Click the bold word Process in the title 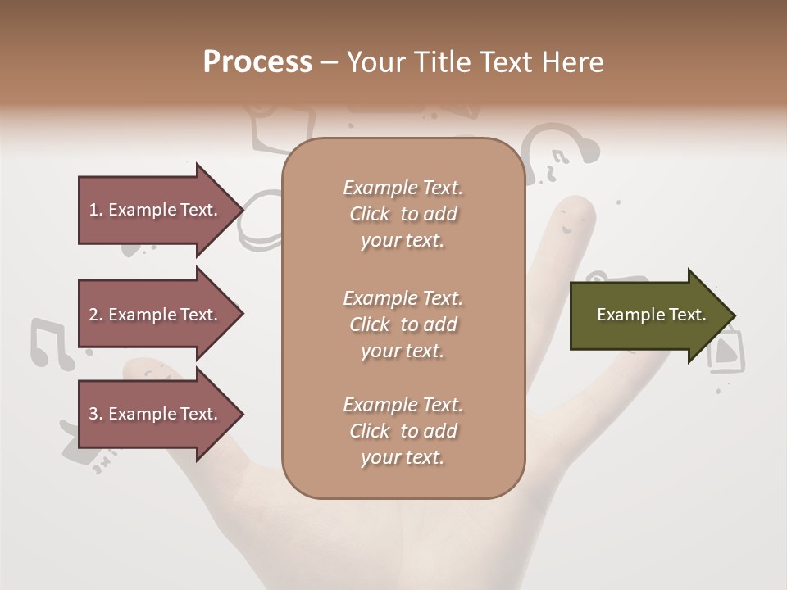[257, 62]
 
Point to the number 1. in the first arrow [96, 210]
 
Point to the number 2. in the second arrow [96, 315]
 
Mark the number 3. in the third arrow [96, 414]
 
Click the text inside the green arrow [651, 315]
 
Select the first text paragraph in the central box [403, 214]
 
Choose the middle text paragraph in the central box [403, 324]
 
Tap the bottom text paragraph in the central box [403, 431]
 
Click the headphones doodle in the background [561, 150]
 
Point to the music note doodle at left [50, 343]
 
